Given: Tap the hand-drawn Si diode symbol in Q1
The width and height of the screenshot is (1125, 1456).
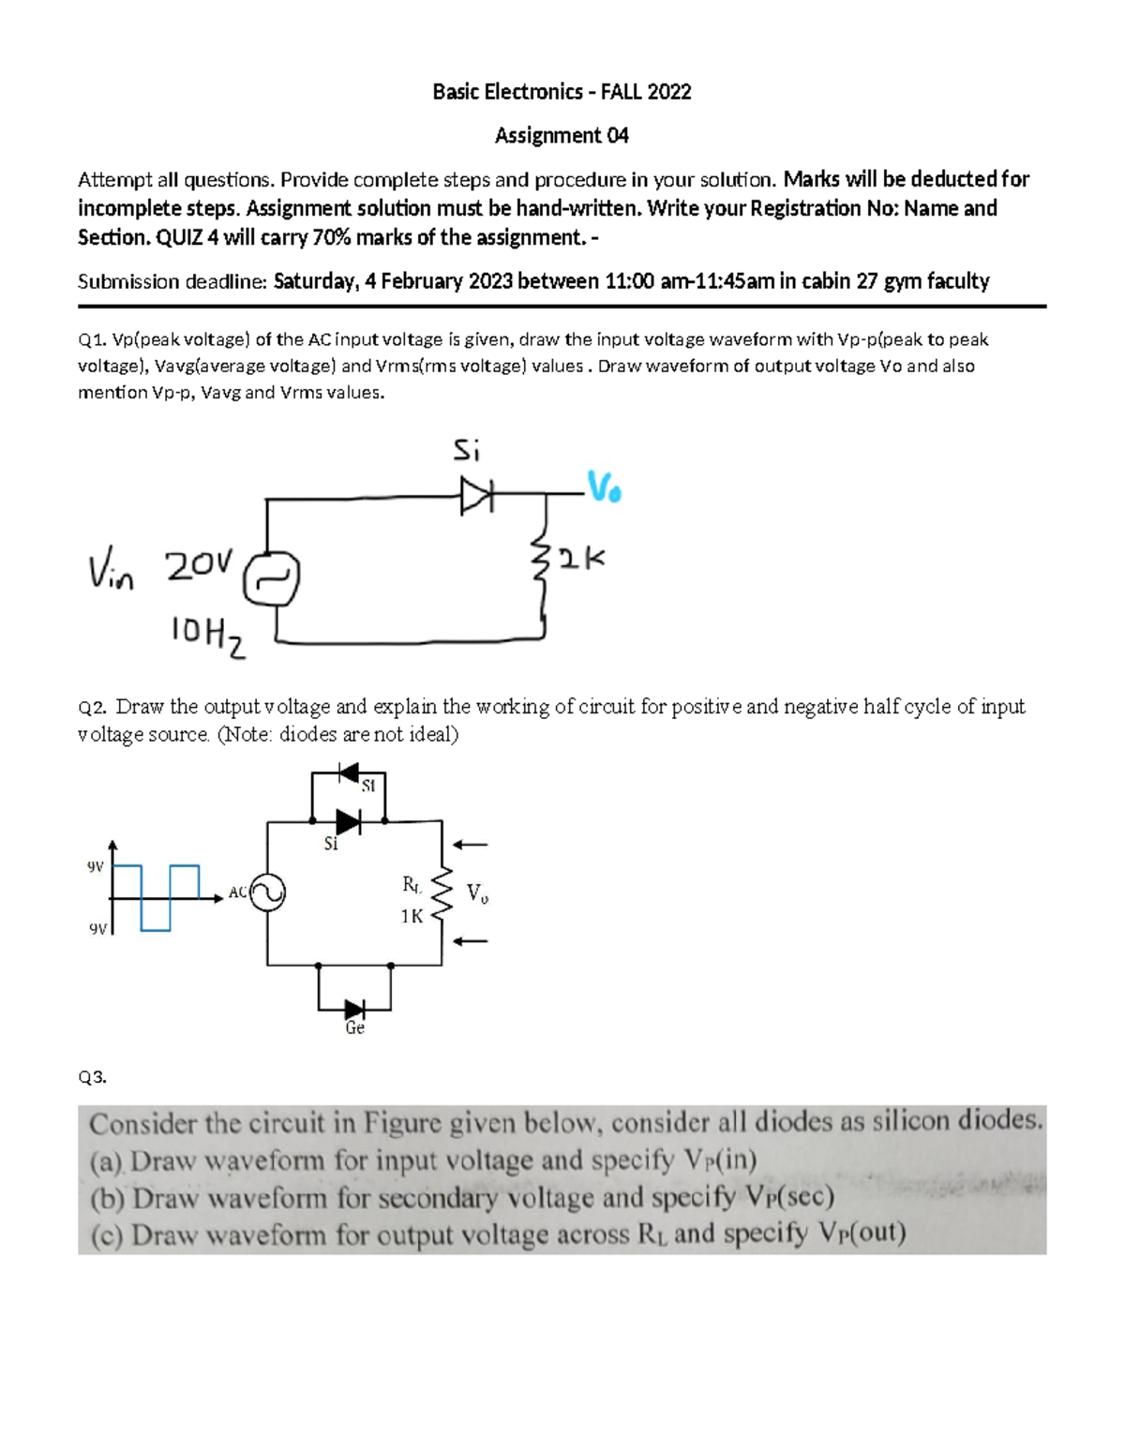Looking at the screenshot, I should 475,494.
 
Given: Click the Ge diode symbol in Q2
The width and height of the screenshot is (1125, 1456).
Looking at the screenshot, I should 354,1010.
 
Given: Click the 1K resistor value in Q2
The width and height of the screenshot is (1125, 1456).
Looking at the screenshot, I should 412,916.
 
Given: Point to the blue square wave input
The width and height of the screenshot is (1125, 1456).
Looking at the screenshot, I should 156,895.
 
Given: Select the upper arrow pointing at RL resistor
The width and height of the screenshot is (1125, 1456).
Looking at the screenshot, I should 472,845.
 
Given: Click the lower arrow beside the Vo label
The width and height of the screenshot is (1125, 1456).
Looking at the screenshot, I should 472,940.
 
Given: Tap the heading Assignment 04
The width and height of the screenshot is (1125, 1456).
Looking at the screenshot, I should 562,136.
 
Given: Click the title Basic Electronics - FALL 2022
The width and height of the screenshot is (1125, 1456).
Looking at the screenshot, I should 562,92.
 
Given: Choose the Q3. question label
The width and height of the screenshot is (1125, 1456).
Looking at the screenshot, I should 93,1077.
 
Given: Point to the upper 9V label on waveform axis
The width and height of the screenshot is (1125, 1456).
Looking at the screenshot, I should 95,867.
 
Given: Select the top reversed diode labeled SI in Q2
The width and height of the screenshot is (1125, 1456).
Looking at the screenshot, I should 349,773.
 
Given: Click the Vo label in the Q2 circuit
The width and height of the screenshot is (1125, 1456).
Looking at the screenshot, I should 477,894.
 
